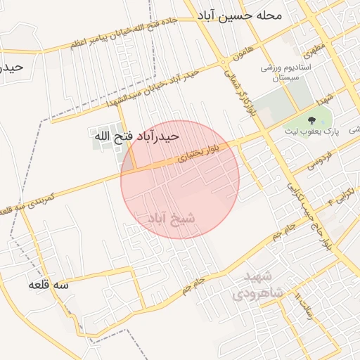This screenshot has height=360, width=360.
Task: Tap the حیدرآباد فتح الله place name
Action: (x=137, y=136)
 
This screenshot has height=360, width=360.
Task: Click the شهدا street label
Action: (x=324, y=98)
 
